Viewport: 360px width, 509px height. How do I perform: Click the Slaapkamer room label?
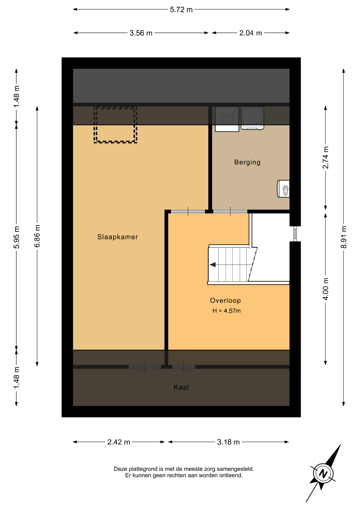117,237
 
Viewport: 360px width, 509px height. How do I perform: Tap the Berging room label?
247,162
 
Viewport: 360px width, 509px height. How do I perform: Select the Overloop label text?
226,301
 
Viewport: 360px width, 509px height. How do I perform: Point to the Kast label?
181,387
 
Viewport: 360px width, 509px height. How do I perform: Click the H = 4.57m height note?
227,311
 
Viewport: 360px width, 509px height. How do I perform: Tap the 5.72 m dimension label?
181,10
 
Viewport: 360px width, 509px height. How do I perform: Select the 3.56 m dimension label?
141,33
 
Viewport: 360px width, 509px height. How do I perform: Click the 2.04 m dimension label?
251,33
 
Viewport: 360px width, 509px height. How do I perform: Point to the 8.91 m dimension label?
344,237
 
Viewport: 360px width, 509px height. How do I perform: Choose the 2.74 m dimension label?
326,157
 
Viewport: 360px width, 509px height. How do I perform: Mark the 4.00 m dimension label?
326,289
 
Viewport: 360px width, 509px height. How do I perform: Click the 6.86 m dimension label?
37,236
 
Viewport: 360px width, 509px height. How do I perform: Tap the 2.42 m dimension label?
119,442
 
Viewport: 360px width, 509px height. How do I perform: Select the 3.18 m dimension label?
228,442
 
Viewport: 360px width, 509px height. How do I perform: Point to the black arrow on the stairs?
213,265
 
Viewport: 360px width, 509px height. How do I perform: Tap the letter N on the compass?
323,473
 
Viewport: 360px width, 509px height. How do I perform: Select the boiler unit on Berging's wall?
283,189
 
